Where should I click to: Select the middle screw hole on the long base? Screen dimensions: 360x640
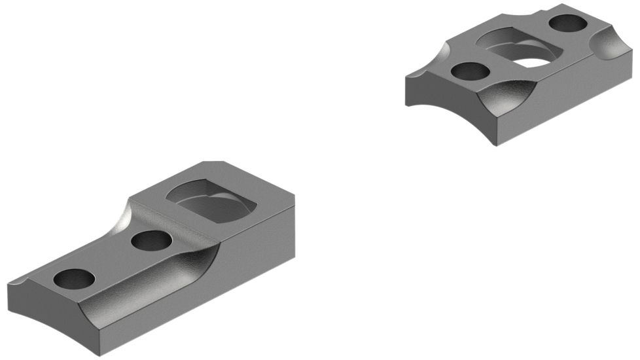point(151,241)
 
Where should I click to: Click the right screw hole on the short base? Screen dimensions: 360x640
point(567,24)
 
